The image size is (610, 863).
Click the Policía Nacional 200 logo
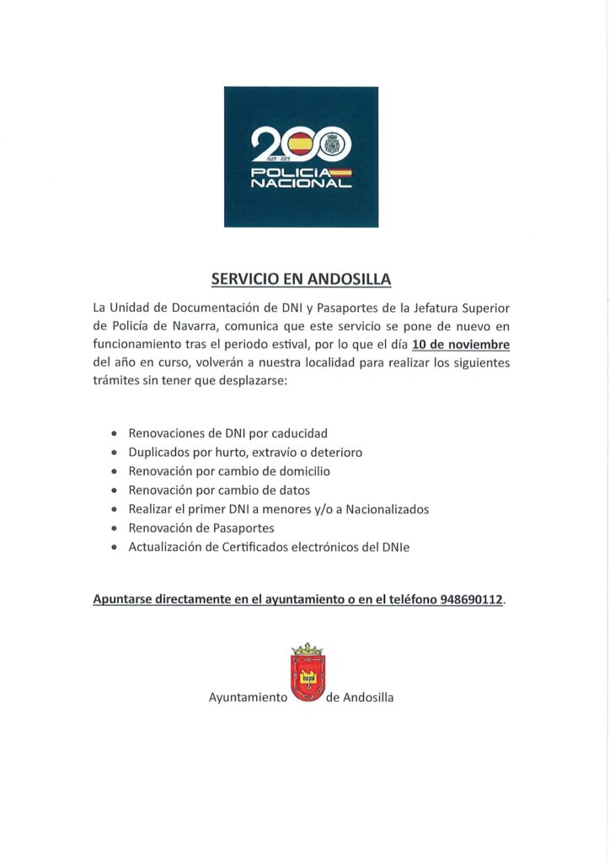301,157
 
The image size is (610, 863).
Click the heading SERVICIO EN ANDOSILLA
301,279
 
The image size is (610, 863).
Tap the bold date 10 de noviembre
461,344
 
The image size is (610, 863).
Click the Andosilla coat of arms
308,674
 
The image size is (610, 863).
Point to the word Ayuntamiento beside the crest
249,698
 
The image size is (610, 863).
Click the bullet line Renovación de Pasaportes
201,528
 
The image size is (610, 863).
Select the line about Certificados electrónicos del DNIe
269,547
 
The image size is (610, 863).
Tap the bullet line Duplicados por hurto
245,453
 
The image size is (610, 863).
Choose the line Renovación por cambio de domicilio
229,471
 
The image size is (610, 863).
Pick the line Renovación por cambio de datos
219,490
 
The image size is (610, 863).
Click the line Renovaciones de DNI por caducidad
227,433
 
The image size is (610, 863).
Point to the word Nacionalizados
387,509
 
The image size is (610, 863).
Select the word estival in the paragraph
289,344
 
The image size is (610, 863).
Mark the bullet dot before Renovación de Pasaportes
115,528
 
